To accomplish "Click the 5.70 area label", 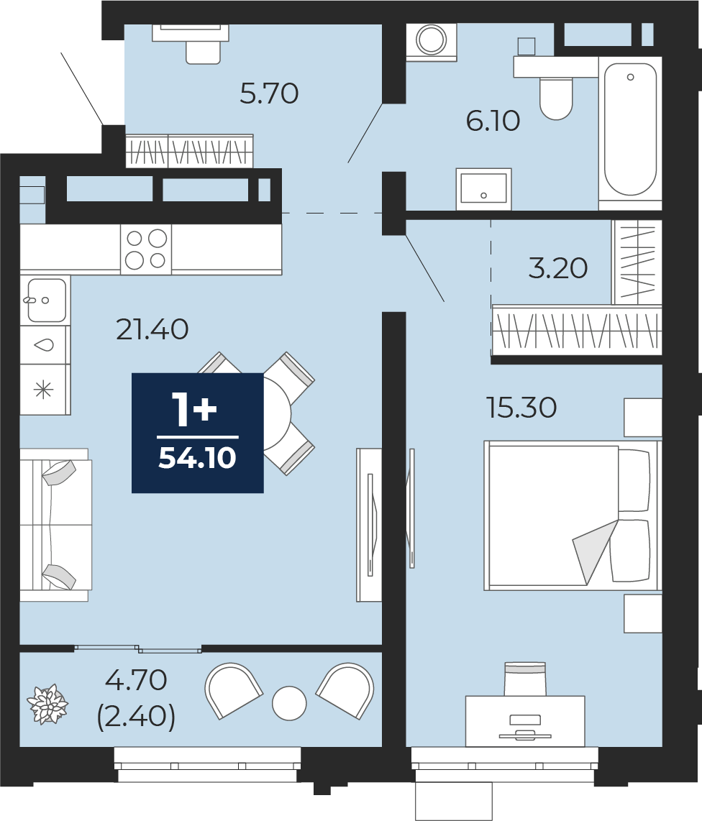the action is point(269,93).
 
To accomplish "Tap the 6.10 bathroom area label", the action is point(493,121).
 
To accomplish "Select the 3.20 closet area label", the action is point(558,268).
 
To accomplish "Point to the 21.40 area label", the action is point(152,330).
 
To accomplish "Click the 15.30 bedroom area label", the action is point(521,408).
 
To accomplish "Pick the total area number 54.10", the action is point(198,458).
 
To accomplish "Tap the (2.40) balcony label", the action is point(136,716).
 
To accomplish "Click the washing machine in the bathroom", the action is point(431,42).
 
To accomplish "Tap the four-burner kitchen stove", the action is point(146,249).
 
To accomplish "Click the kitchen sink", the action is point(45,300).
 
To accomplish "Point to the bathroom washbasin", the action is point(483,189).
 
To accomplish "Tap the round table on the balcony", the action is point(289,702).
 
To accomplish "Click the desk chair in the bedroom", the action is point(525,679).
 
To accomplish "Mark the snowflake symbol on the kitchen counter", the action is point(44,390).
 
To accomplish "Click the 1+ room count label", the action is point(194,410).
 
